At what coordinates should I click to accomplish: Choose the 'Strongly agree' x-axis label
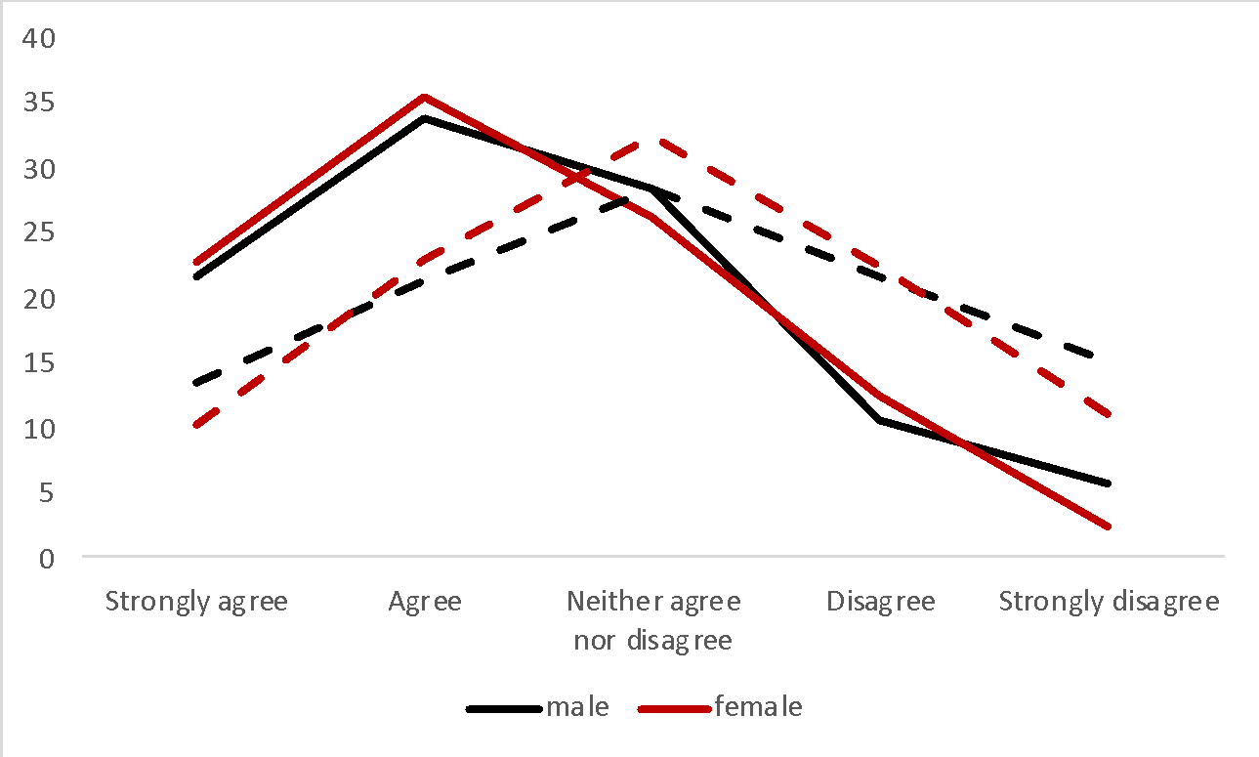pyautogui.click(x=196, y=601)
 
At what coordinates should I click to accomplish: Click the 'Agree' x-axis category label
pyautogui.click(x=425, y=601)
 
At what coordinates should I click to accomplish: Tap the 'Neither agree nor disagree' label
pyautogui.click(x=652, y=620)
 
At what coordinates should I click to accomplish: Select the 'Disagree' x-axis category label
pyautogui.click(x=881, y=601)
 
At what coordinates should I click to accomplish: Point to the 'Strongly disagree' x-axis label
pyautogui.click(x=1109, y=601)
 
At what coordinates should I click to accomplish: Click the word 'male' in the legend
pyautogui.click(x=577, y=707)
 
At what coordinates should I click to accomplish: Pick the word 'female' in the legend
pyautogui.click(x=758, y=707)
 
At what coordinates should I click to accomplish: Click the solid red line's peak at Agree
pyautogui.click(x=425, y=97)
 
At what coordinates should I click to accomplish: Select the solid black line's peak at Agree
pyautogui.click(x=425, y=118)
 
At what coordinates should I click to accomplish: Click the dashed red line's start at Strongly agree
pyautogui.click(x=196, y=426)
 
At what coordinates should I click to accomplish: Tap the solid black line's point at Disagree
pyautogui.click(x=881, y=421)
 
